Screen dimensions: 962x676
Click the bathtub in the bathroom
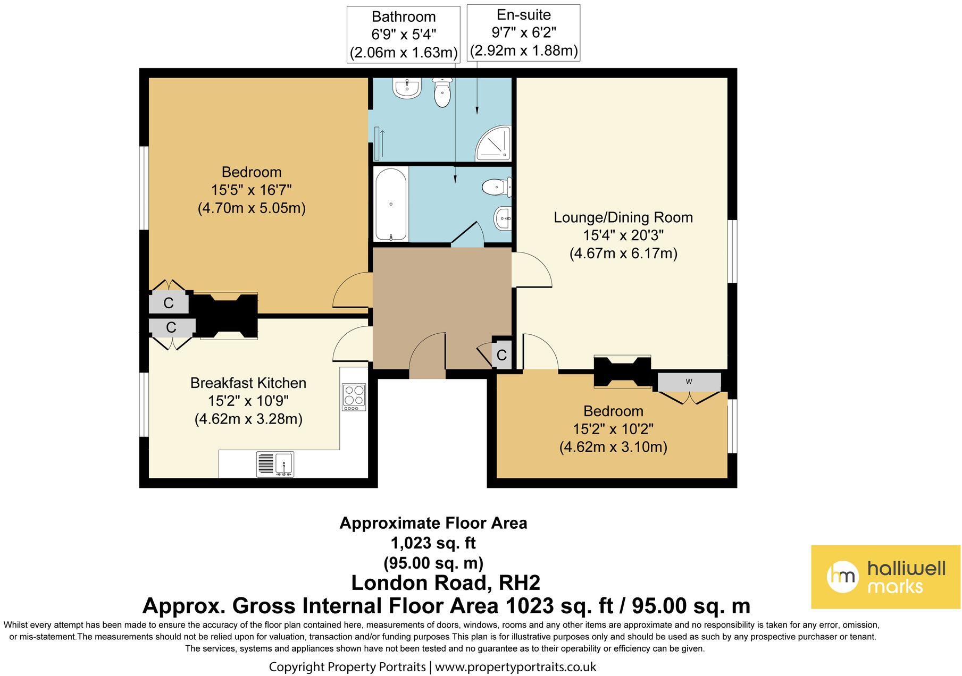coord(391,205)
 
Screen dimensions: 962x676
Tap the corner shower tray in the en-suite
coord(494,143)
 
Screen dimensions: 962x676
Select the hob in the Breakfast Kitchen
coord(354,397)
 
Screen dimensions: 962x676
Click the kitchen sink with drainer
coord(275,464)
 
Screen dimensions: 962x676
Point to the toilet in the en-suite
coord(442,92)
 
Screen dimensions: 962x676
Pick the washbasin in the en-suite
coord(407,88)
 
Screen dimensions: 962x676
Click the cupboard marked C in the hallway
coord(501,353)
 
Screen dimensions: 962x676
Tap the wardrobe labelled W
coord(689,382)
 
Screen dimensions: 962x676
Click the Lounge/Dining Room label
coord(623,217)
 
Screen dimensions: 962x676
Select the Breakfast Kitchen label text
coord(248,383)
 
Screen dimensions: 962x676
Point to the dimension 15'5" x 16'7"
coord(252,190)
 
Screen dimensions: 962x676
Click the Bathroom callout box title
coord(404,17)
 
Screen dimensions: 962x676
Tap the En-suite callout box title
coord(524,15)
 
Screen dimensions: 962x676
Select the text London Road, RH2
coord(446,583)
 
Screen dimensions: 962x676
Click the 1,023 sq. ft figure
coord(433,543)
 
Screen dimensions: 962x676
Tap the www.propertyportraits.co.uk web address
coord(516,667)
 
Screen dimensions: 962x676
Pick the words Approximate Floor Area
coord(433,523)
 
